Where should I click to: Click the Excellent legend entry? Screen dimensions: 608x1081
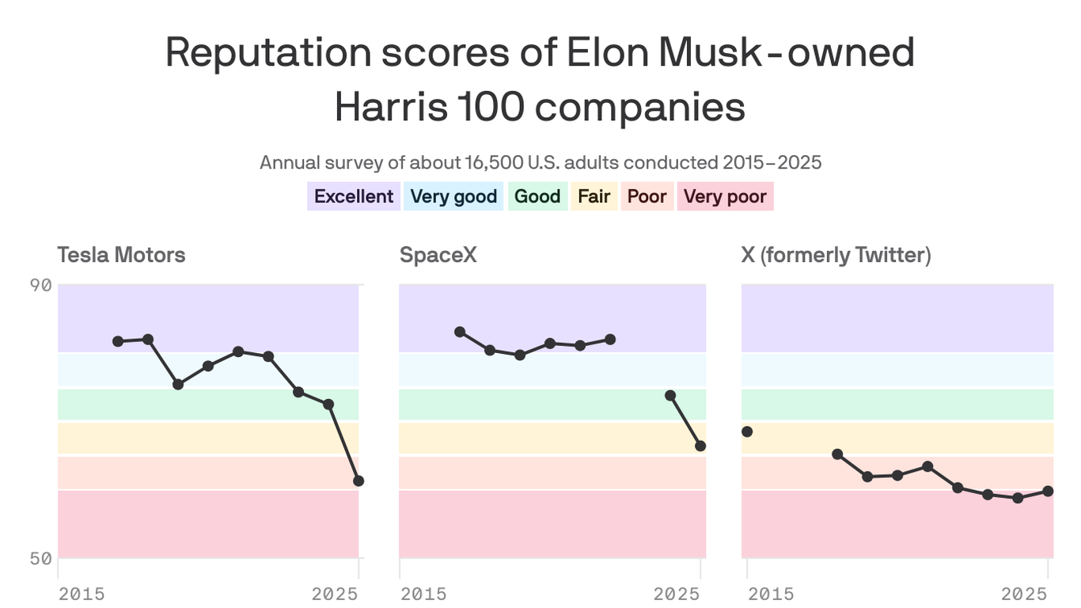(353, 196)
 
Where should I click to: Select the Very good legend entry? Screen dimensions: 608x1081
(453, 196)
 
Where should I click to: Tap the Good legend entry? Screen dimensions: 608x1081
(537, 196)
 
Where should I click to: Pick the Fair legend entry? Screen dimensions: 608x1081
(594, 196)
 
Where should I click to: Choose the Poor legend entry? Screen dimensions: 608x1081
(647, 196)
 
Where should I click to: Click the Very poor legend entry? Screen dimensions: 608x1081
(725, 196)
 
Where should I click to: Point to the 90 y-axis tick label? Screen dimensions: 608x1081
(42, 285)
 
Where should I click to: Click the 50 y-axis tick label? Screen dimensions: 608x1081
(42, 559)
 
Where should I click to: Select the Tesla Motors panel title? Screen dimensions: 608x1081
(121, 255)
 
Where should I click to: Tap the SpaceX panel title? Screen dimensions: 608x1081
(438, 255)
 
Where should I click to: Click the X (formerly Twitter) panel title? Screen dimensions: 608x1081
(836, 255)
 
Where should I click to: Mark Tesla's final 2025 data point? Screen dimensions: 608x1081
(358, 481)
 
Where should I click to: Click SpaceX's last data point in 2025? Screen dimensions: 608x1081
(700, 446)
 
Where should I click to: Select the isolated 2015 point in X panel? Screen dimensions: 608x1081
(747, 431)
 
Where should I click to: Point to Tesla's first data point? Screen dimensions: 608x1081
(118, 341)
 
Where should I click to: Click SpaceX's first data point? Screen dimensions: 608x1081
(460, 332)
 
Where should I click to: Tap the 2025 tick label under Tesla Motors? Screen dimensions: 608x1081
(335, 594)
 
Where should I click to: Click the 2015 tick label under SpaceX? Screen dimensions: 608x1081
(423, 594)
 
